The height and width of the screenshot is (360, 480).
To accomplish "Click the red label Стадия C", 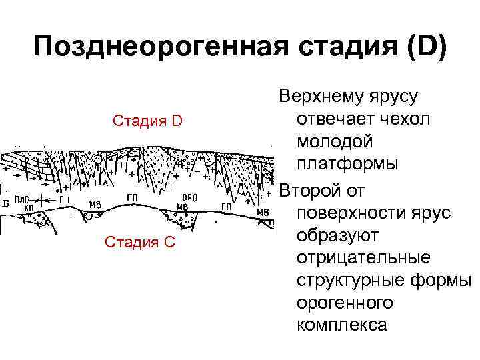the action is click(x=140, y=241).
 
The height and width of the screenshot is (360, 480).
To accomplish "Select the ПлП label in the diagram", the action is click(x=21, y=199).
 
